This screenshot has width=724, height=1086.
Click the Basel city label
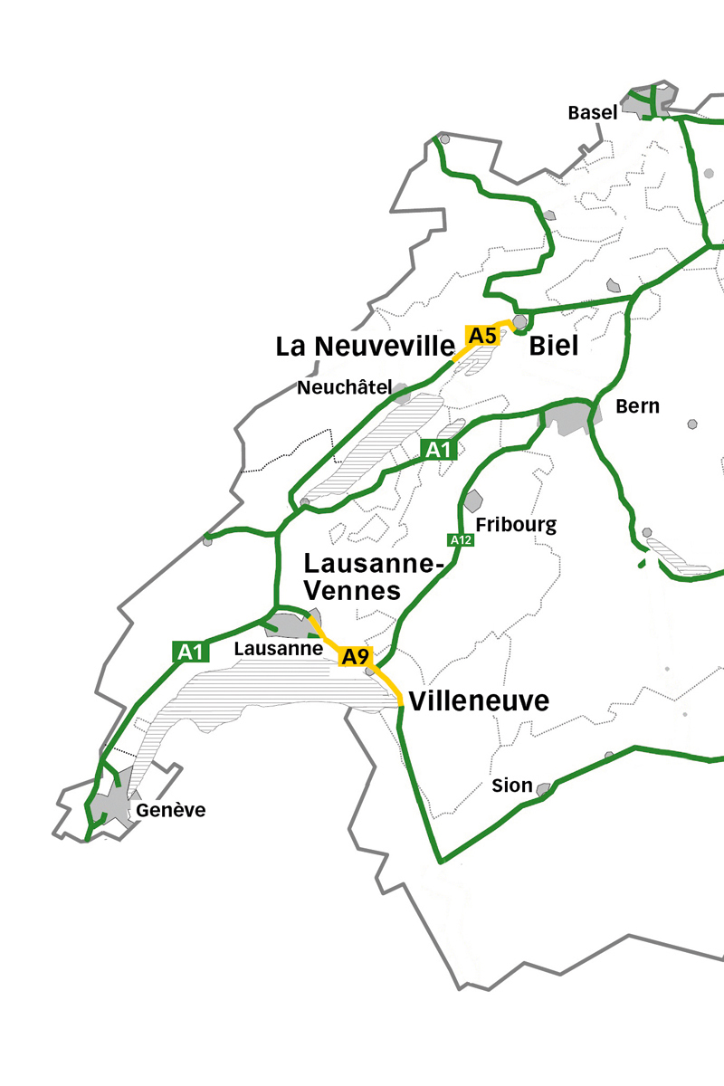pos(593,113)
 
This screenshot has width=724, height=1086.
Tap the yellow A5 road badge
pos(481,336)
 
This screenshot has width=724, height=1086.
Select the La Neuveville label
pos(365,346)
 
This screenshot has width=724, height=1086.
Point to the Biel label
pos(553,346)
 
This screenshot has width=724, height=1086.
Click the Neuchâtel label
pos(345,388)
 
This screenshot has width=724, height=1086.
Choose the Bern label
pos(637,406)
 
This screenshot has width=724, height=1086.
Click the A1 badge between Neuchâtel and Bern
pos(438,449)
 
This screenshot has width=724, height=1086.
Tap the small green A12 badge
pos(461,540)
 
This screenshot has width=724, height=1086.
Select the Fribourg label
pos(516,525)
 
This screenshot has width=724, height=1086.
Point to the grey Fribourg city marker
pos(472,500)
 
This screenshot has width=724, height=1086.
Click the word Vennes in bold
pos(352,591)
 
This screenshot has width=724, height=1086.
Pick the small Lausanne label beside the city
pos(279,649)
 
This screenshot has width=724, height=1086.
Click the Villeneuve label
pos(479,701)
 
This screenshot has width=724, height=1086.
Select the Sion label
pos(512,786)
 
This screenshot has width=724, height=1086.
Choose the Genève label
pos(171,810)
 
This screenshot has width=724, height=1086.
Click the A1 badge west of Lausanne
pos(191,651)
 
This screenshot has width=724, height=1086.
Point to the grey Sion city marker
pos(544,790)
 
